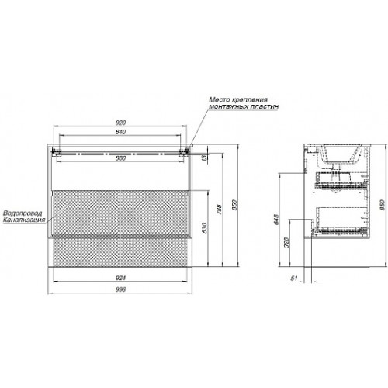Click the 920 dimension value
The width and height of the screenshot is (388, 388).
tap(120, 123)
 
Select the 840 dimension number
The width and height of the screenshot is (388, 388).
tap(120, 132)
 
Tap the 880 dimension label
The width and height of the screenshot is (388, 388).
tap(120, 158)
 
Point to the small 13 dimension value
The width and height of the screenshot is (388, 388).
tap(205, 158)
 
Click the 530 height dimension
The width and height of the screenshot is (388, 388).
tap(205, 228)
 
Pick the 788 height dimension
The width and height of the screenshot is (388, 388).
tap(219, 210)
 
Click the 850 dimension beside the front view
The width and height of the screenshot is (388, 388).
tap(234, 205)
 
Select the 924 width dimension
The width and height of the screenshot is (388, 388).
tap(120, 278)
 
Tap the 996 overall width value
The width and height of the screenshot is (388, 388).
tap(120, 289)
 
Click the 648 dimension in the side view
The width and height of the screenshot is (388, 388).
tap(276, 220)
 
